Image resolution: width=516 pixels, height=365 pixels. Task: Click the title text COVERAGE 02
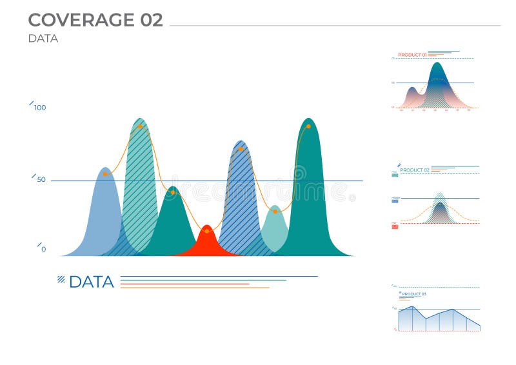click(95, 20)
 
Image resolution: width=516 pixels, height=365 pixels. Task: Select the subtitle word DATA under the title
click(43, 39)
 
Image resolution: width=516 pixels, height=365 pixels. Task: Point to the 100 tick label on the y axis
click(40, 108)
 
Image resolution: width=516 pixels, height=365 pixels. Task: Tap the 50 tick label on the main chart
click(41, 179)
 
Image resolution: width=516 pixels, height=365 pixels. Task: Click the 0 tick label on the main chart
click(43, 249)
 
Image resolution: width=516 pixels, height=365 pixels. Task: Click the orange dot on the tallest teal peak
click(308, 126)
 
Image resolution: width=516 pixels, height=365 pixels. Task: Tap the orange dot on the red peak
click(206, 231)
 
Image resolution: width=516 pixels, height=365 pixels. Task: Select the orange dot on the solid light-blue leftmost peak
click(105, 174)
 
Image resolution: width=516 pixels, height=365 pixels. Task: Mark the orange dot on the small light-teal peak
click(275, 211)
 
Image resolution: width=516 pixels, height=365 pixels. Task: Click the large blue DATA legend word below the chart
click(91, 282)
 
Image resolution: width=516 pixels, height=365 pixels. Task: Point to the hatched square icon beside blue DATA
click(61, 279)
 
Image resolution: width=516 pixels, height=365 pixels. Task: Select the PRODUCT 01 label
click(412, 55)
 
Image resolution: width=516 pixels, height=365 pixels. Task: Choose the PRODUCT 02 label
click(415, 170)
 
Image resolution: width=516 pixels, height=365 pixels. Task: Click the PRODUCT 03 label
click(413, 294)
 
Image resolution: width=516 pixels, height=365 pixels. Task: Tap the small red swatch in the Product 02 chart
click(395, 226)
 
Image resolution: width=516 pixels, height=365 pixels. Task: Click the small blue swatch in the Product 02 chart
click(395, 201)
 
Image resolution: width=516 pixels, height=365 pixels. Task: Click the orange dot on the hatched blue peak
click(241, 149)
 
